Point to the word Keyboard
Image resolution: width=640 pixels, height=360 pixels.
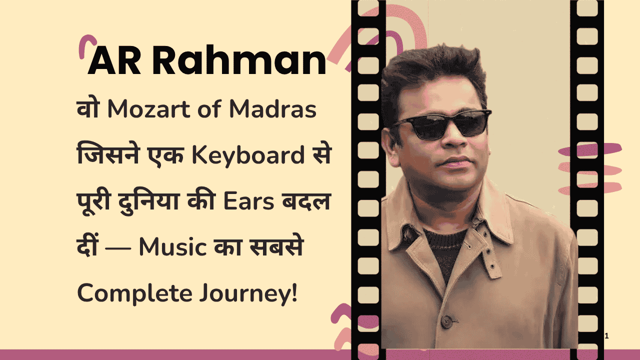click(246, 156)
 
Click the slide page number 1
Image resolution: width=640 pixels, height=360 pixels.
click(606, 336)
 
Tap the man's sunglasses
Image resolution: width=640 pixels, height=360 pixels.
click(442, 125)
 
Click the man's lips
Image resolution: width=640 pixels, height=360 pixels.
click(456, 162)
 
